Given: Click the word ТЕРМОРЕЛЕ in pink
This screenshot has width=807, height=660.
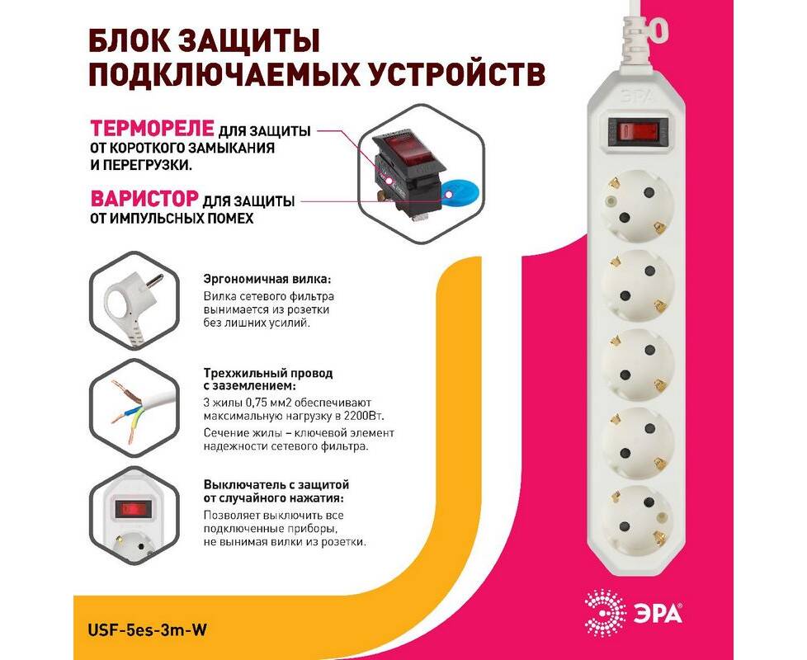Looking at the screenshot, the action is (x=152, y=128).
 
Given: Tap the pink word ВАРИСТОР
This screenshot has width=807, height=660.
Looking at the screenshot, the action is (x=144, y=199).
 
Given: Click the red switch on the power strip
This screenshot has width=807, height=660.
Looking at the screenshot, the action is (x=638, y=130).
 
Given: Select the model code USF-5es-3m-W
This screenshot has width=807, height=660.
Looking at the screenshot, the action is (x=148, y=629).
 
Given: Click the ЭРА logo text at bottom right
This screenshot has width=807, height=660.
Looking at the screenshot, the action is (x=657, y=614).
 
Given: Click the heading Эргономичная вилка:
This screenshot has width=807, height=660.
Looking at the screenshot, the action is (x=267, y=280).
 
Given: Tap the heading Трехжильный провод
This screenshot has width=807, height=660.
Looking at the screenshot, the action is (x=268, y=373).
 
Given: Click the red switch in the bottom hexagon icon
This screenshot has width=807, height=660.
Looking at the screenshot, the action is (x=133, y=509).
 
